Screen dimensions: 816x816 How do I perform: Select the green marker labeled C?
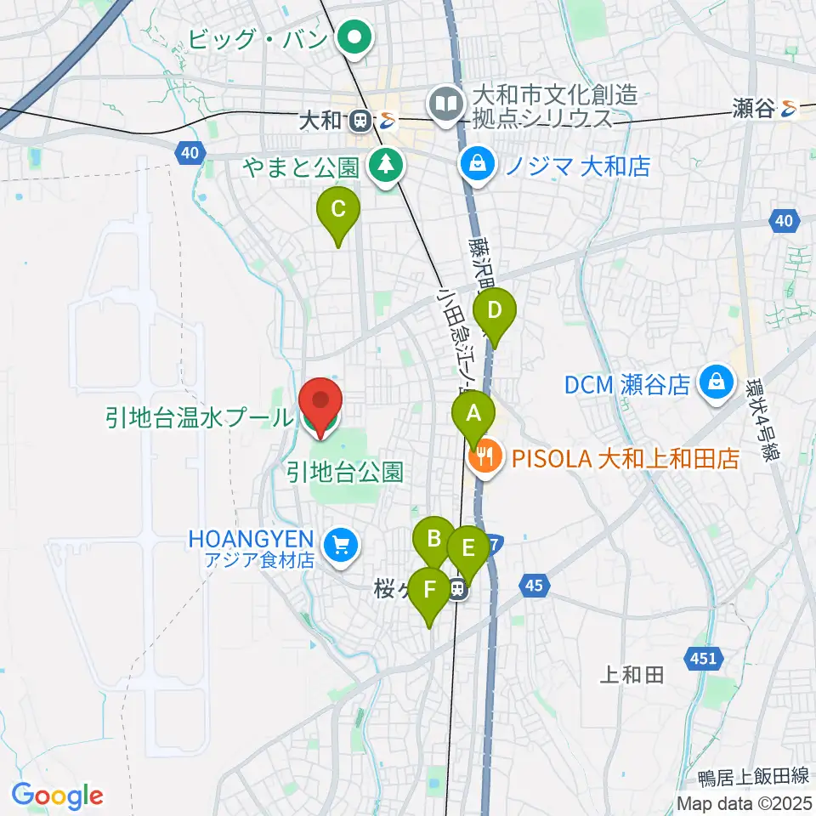337,209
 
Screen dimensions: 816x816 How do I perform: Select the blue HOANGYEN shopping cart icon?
342,544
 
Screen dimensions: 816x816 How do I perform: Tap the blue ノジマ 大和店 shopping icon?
478,163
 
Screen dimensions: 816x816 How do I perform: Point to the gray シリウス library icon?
444,104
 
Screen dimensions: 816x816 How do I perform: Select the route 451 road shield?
702,657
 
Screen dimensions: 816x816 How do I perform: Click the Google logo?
58,794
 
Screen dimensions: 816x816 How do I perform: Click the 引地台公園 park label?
344,473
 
